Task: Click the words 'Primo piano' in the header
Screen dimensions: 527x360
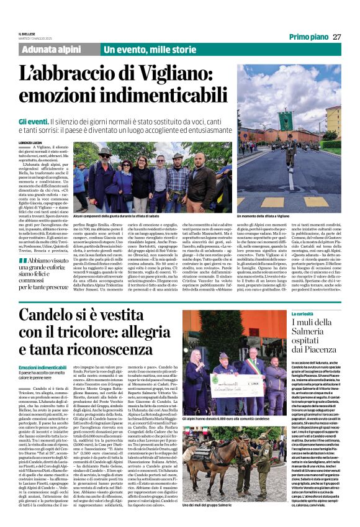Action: pos(308,37)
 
